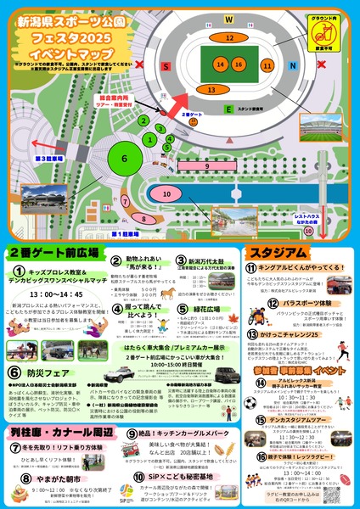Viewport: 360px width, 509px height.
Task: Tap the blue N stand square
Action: click(x=293, y=64)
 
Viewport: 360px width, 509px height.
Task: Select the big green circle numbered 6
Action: click(x=124, y=158)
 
